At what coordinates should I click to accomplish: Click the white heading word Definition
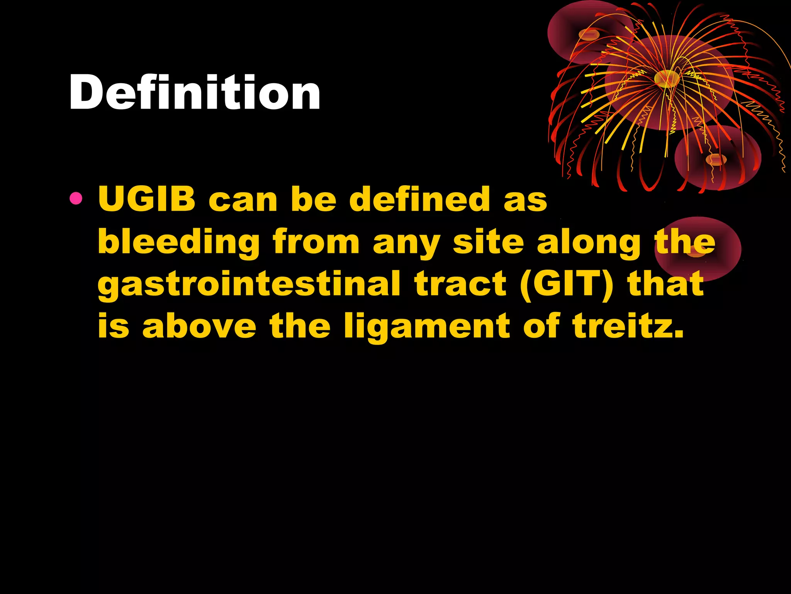tap(195, 93)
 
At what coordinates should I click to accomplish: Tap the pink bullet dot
tap(76, 199)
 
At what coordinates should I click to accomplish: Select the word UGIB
tap(147, 200)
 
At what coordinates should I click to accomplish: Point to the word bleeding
tap(179, 242)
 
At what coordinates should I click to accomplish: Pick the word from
tap(316, 242)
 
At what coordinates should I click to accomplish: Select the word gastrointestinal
tap(249, 285)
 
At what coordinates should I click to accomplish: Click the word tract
tap(460, 284)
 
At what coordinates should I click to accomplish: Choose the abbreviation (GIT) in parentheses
tap(567, 284)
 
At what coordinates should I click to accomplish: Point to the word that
tap(665, 284)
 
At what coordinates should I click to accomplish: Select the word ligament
tap(427, 327)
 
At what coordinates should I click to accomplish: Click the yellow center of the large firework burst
tap(666, 79)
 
